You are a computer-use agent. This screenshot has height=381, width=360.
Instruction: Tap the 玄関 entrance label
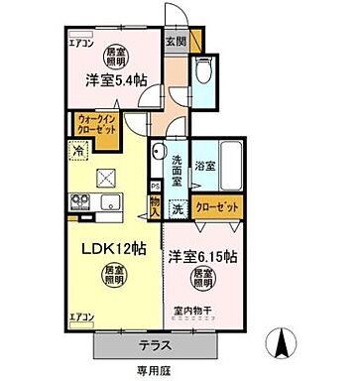point(176,41)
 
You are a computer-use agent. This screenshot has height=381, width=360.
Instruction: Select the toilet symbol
point(205,71)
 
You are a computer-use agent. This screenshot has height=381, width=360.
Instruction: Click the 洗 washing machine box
point(178,209)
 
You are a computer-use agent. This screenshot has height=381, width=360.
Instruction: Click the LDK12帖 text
point(107,250)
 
